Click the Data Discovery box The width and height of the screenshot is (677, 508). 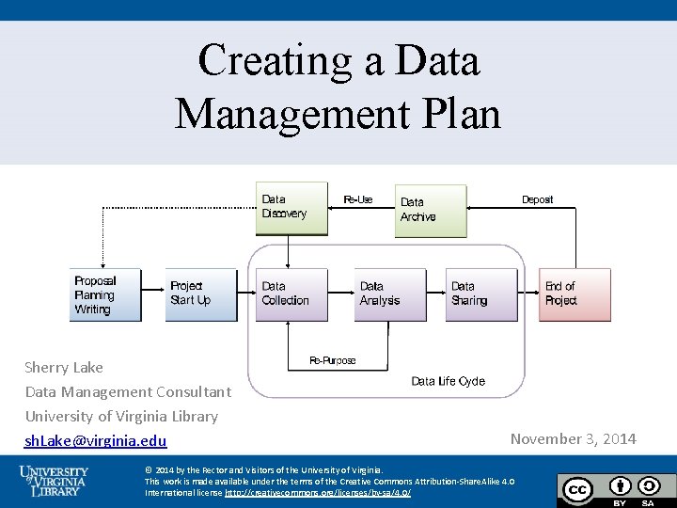point(291,208)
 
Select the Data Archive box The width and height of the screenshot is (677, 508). point(430,211)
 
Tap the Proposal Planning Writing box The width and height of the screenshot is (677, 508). point(105,295)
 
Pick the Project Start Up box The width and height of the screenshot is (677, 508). point(200,295)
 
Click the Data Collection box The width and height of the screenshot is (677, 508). point(291,295)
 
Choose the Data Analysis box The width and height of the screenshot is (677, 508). point(390,295)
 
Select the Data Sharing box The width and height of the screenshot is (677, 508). point(481,295)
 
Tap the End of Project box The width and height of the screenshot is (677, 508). point(574,295)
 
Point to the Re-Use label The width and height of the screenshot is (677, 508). point(358,199)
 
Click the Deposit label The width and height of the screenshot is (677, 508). point(537,199)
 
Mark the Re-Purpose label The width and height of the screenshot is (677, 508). point(333,361)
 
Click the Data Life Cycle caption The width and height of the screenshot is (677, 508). point(449,381)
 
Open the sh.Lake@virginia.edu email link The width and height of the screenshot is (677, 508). point(96,441)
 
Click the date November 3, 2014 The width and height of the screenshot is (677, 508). point(573,438)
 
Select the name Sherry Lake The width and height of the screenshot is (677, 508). point(64,367)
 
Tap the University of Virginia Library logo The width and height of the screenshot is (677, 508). point(55,480)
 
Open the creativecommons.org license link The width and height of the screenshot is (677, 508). point(318,493)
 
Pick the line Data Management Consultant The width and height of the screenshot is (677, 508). point(128,391)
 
